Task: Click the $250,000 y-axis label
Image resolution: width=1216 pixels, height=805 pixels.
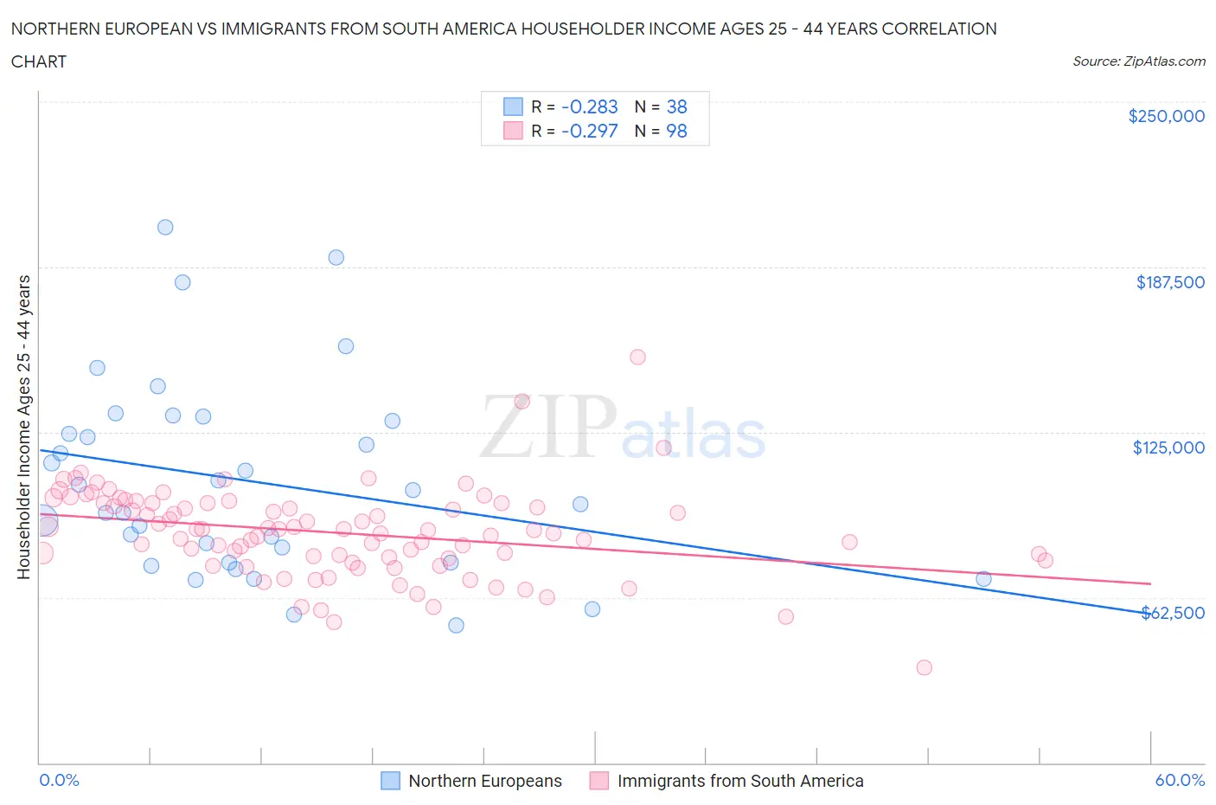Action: point(1166,116)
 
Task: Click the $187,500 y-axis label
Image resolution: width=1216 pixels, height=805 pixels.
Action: point(1169,282)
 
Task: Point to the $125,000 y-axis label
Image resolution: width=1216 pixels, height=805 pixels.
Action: point(1168,448)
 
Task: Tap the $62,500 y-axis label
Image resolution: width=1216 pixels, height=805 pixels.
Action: point(1172,613)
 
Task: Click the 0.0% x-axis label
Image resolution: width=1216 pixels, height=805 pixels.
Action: point(59,780)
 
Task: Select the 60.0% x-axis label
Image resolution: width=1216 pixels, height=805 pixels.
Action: point(1180,780)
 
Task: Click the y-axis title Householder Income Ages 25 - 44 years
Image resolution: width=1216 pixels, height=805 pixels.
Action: point(23,427)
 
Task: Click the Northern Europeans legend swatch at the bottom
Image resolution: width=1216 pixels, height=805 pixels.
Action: point(391,781)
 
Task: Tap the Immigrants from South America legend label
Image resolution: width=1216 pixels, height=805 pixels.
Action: point(740,781)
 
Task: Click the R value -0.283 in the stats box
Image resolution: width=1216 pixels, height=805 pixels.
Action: point(589,106)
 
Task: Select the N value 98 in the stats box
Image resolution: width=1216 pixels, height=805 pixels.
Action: point(676,131)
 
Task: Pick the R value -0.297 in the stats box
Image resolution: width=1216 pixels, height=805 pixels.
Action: point(589,131)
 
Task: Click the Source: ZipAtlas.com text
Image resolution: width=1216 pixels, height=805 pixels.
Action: point(1138,61)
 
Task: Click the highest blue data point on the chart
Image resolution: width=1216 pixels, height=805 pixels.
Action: point(165,227)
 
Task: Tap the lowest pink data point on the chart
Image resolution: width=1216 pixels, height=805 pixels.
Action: point(924,667)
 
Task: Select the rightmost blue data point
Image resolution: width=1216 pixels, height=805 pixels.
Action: point(983,579)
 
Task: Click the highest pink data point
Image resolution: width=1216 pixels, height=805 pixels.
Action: point(637,357)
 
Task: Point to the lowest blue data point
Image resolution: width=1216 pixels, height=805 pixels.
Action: point(456,625)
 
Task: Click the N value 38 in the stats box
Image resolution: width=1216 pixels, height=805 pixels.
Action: point(676,106)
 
